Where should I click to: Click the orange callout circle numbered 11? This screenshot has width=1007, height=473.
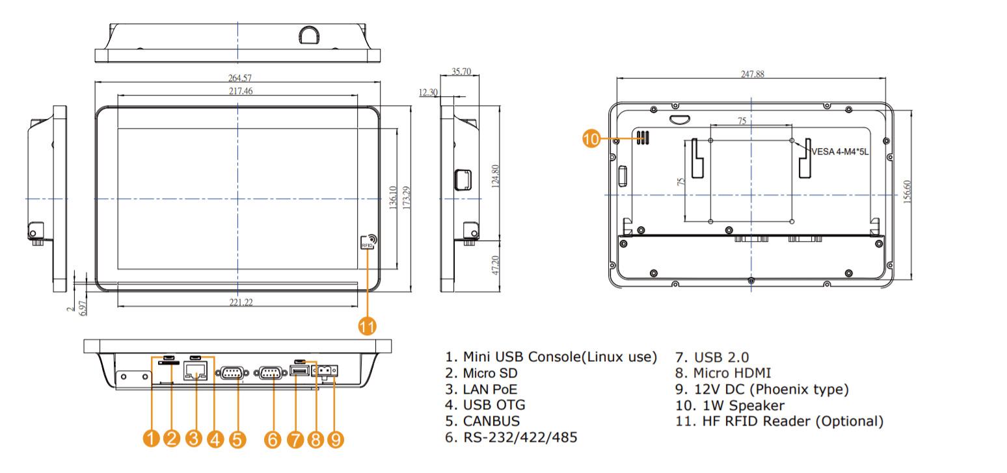368,326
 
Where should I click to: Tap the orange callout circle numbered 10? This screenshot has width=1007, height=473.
592,139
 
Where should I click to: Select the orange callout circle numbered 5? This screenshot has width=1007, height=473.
237,440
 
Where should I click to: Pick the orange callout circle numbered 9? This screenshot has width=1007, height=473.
336,440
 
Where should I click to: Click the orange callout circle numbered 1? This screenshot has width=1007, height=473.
151,440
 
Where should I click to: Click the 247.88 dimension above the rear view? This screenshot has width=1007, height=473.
752,75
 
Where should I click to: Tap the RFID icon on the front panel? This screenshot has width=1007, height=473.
368,242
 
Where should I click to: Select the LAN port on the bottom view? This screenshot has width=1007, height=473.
196,372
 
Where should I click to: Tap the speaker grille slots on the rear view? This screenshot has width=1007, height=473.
644,138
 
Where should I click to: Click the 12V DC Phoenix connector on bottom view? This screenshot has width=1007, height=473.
327,370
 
